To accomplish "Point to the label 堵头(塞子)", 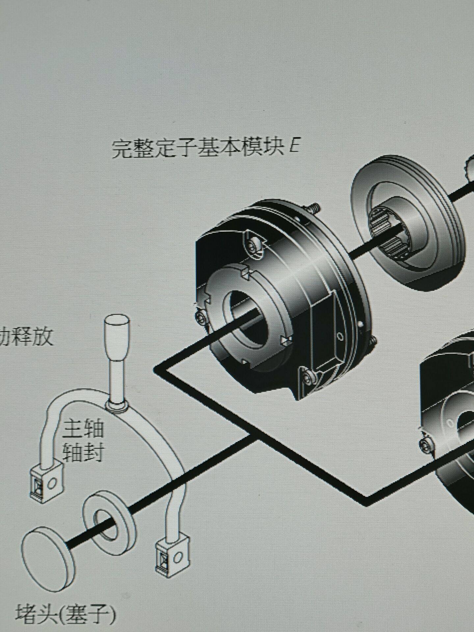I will tap(66, 613).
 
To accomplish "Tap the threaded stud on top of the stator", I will tap(314, 208).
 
